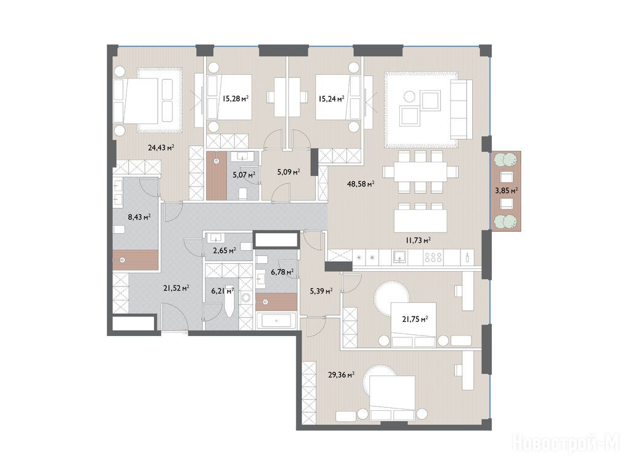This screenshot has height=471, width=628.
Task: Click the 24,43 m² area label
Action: [x=161, y=147]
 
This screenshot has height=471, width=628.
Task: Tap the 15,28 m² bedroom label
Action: [x=236, y=98]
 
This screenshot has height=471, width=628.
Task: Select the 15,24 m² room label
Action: [x=332, y=99]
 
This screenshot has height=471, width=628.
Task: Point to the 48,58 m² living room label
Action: [x=361, y=184]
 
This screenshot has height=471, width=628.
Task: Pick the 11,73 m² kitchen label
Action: [x=418, y=240]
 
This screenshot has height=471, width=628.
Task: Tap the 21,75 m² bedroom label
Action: [x=415, y=319]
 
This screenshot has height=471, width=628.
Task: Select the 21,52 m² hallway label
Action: [x=176, y=288]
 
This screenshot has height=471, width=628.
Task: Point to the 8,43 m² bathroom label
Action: [x=139, y=217]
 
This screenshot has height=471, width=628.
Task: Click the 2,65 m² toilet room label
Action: [x=224, y=251]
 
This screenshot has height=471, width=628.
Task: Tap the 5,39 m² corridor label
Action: [x=321, y=291]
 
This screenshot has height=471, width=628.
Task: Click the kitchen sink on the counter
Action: [x=399, y=257]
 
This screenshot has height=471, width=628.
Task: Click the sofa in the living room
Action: [x=461, y=109]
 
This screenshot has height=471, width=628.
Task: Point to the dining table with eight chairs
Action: [x=420, y=172]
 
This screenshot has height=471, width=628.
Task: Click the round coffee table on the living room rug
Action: [x=410, y=96]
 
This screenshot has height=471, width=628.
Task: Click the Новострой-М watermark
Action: [x=565, y=443]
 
